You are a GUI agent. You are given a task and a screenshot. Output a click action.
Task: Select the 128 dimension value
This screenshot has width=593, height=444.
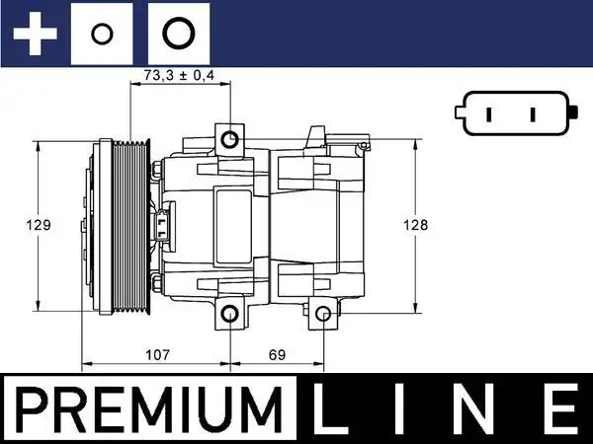417,225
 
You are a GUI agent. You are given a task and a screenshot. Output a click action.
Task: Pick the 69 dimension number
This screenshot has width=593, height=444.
278,352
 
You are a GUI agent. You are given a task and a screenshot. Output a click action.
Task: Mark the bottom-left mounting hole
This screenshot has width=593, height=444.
229,316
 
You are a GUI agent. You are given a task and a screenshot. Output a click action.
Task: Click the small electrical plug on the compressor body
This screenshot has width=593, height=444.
163,223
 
